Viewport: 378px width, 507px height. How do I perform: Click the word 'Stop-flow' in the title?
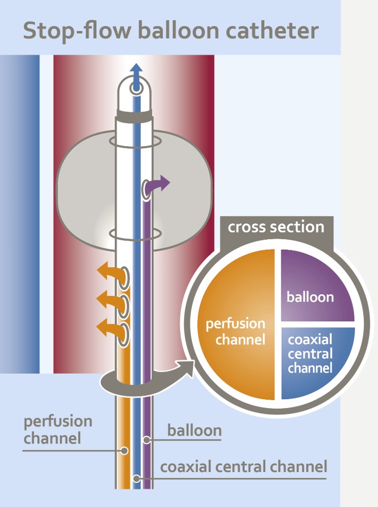pos(76,31)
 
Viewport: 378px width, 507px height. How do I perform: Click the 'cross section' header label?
pos(275,227)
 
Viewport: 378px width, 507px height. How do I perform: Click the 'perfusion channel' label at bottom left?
pos(58,429)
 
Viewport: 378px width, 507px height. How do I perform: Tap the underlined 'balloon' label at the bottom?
pos(194,430)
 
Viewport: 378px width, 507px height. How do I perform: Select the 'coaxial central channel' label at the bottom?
pos(244,467)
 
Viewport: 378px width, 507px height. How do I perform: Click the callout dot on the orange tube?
pos(125,451)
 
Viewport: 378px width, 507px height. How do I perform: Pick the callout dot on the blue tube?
pos(136,478)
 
